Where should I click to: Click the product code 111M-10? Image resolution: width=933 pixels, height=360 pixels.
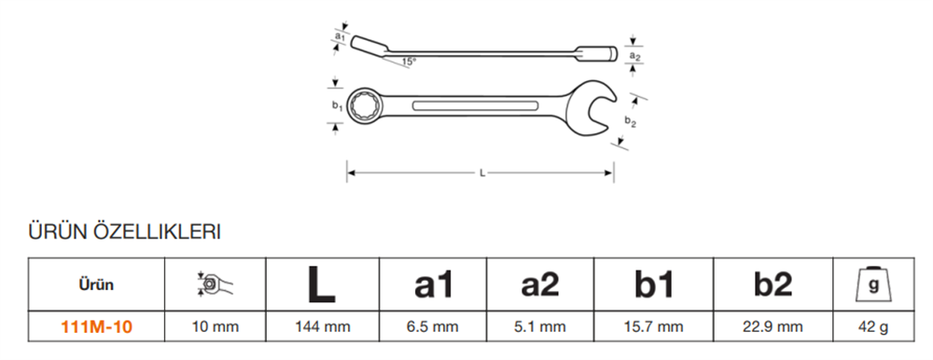tap(96, 327)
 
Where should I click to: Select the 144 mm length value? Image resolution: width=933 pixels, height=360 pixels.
tap(322, 327)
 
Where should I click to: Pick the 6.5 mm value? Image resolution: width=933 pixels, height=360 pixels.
tap(435, 327)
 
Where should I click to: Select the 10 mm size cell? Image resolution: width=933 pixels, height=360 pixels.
tap(215, 327)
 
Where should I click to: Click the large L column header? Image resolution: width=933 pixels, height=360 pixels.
tap(322, 285)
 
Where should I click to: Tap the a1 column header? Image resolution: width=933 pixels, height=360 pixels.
tap(435, 285)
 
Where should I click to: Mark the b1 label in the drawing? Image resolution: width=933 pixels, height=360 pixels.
tap(336, 106)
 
